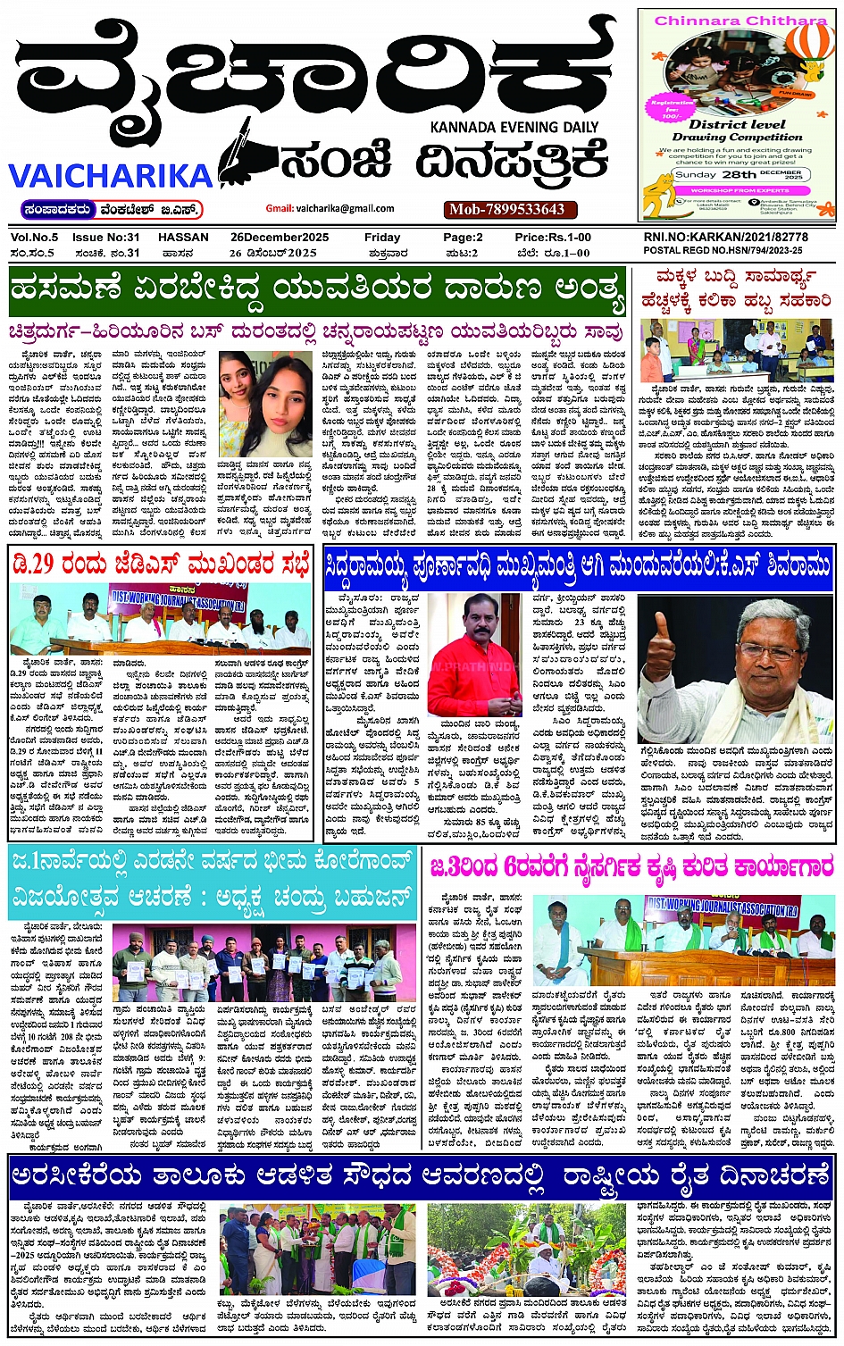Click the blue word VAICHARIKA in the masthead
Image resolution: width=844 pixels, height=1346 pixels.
pos(111,175)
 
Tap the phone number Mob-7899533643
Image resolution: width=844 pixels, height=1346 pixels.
pos(507,209)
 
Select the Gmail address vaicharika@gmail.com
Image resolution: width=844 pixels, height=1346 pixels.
pos(331,208)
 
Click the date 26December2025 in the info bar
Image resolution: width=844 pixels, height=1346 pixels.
pos(280,238)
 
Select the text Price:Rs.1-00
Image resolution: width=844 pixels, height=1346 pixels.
pos(552,238)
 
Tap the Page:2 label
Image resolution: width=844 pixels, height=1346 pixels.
pos(463,238)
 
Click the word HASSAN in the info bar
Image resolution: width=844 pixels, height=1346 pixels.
pos(183,238)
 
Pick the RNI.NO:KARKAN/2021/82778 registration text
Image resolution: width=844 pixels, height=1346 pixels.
pos(725,238)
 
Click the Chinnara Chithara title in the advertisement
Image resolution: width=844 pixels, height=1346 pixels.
pos(740,20)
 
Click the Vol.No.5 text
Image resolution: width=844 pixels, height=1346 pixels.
pos(35,238)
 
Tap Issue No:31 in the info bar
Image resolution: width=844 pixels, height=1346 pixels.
pos(105,238)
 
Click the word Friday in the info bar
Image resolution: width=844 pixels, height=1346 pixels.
pos(381,238)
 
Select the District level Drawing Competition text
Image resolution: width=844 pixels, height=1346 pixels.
pos(737,130)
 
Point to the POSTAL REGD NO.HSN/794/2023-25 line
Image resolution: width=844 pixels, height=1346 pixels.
pos(723,251)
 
